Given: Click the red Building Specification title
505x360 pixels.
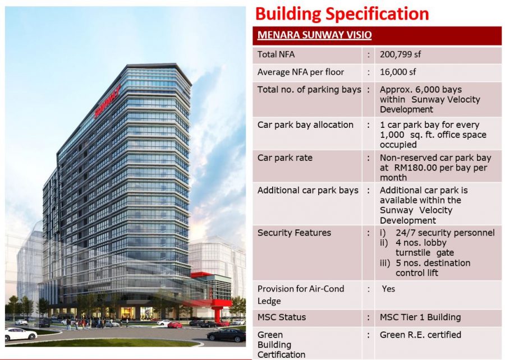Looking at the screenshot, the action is pyautogui.click(x=342, y=15).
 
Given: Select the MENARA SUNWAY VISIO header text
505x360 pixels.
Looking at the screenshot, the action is pyautogui.click(x=314, y=35).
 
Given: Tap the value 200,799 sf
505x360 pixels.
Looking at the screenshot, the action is pyautogui.click(x=400, y=54).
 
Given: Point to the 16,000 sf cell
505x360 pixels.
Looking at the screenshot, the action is pyautogui.click(x=398, y=72).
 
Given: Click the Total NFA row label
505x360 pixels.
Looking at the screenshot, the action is pyautogui.click(x=276, y=54).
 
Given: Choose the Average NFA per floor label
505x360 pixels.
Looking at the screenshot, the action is pyautogui.click(x=301, y=72).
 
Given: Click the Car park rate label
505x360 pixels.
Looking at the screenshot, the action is pyautogui.click(x=284, y=158).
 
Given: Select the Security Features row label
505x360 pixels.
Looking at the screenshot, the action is pyautogui.click(x=294, y=233).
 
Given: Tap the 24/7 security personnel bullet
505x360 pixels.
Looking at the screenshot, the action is pyautogui.click(x=445, y=233).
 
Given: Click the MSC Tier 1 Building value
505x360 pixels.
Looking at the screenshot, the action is pyautogui.click(x=420, y=317).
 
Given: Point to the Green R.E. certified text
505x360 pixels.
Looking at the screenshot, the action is pyautogui.click(x=420, y=335).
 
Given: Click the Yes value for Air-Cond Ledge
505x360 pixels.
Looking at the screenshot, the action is pyautogui.click(x=388, y=289).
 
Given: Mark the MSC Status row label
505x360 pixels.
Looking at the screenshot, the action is pyautogui.click(x=282, y=317).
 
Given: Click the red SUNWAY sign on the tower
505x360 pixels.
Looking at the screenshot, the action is pyautogui.click(x=107, y=101).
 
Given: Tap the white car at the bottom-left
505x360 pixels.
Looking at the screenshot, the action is pyautogui.click(x=21, y=334).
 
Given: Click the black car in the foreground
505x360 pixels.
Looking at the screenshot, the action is pyautogui.click(x=226, y=335).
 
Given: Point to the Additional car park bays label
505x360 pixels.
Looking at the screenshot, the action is pyautogui.click(x=307, y=191).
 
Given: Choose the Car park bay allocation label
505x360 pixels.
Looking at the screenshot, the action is pyautogui.click(x=305, y=125).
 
